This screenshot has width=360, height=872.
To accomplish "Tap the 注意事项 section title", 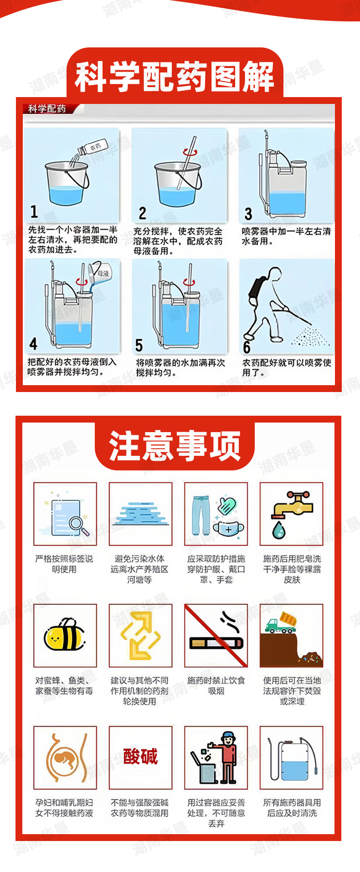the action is tap(175, 446).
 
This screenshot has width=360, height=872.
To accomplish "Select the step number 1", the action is tap(34, 212).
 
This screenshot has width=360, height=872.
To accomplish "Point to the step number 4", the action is tap(33, 344).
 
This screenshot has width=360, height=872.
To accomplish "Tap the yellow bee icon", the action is tap(65, 635).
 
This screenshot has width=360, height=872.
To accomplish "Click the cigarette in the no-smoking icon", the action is tap(216, 643).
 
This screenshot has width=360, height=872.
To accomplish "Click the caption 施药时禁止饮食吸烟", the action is tap(216, 686).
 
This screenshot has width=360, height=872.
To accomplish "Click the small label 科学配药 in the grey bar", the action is tap(47, 109).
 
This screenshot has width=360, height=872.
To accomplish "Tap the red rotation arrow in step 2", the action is tap(188, 152).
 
